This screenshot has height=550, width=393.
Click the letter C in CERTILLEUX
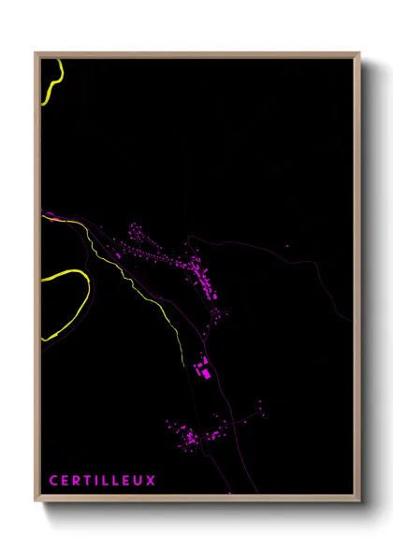pos(53,481)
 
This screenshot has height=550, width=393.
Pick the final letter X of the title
pos(152,481)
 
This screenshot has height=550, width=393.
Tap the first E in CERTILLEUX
pos(65,481)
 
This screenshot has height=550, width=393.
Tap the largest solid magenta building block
pos(205,372)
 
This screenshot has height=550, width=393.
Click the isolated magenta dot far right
pos(287,247)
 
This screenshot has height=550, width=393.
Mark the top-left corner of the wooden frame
pos(36,54)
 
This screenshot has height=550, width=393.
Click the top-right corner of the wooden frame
pos(358,54)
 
